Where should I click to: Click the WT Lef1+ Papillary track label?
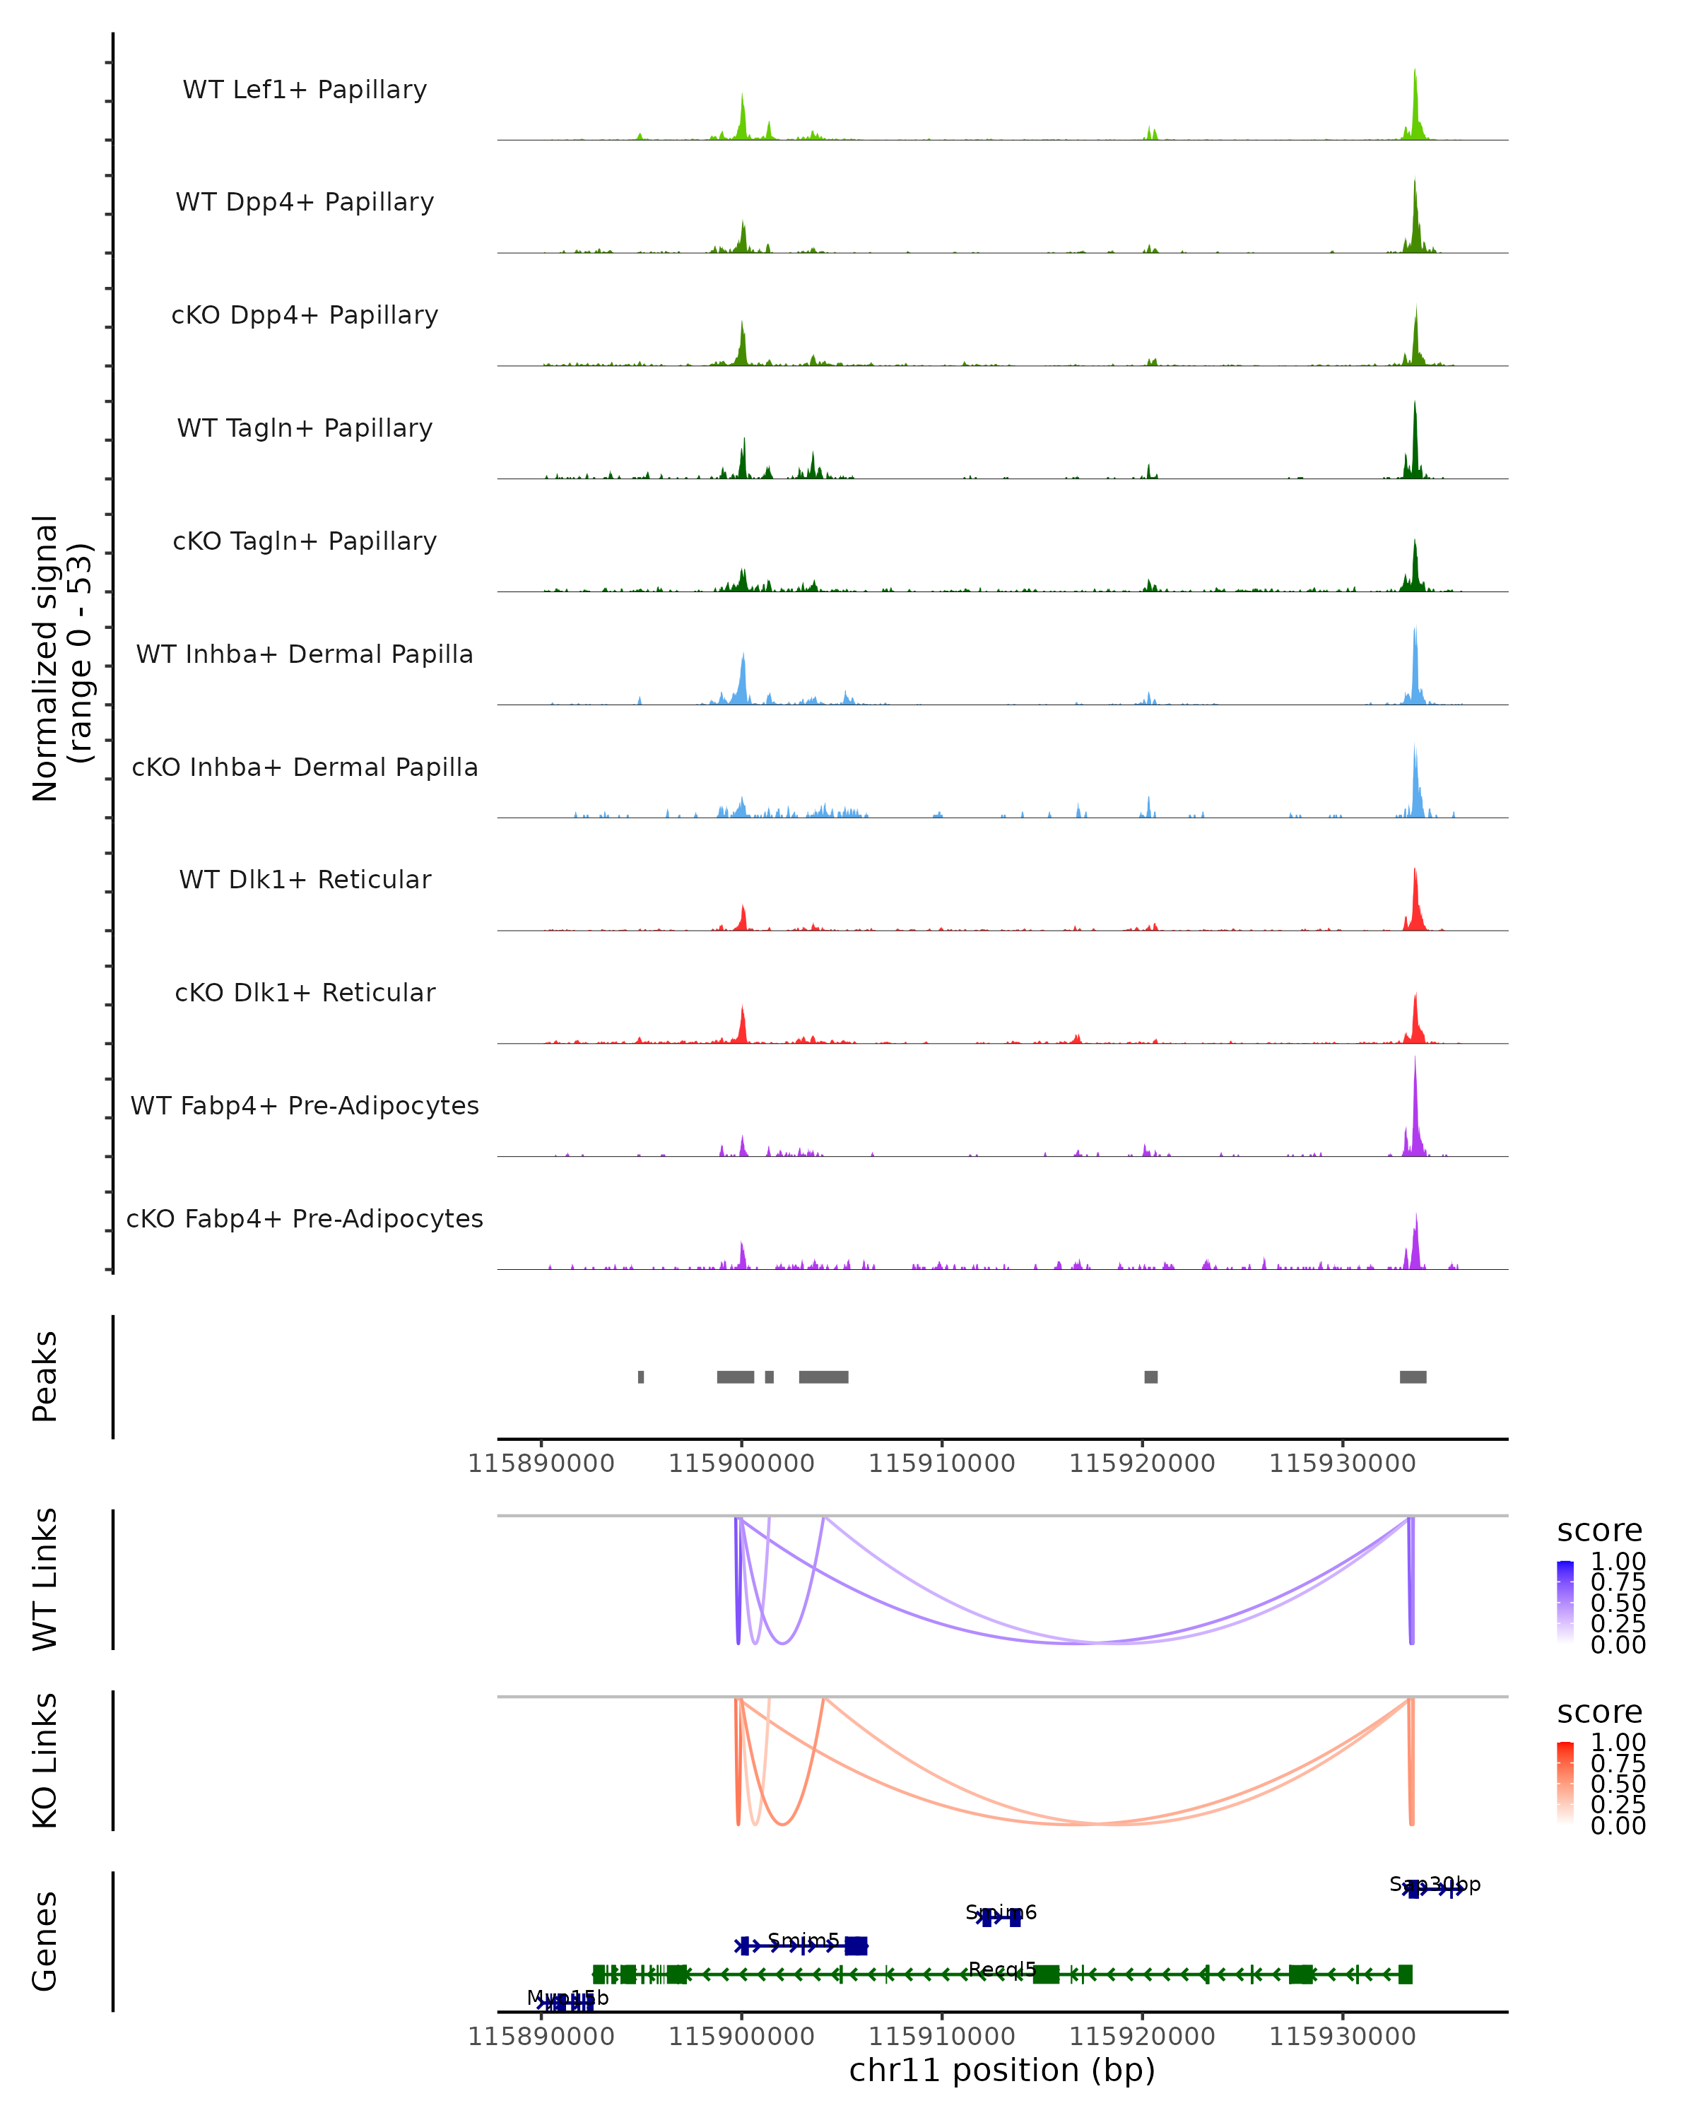tap(305, 90)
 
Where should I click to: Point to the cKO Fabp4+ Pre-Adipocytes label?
tap(305, 1218)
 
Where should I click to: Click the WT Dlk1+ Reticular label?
tap(305, 879)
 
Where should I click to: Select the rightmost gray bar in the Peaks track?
tap(1413, 1377)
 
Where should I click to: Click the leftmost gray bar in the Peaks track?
tap(641, 1377)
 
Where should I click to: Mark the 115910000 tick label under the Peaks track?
tap(942, 1464)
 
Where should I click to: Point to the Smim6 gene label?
tap(1001, 1912)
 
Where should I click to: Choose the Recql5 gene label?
tap(1002, 1969)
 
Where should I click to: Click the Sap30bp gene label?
tap(1435, 1884)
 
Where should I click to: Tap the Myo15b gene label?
tap(568, 1998)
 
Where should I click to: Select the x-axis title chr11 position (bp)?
tap(1002, 2071)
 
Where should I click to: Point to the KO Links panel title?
tap(45, 1760)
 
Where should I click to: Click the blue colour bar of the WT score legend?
tap(1565, 1603)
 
